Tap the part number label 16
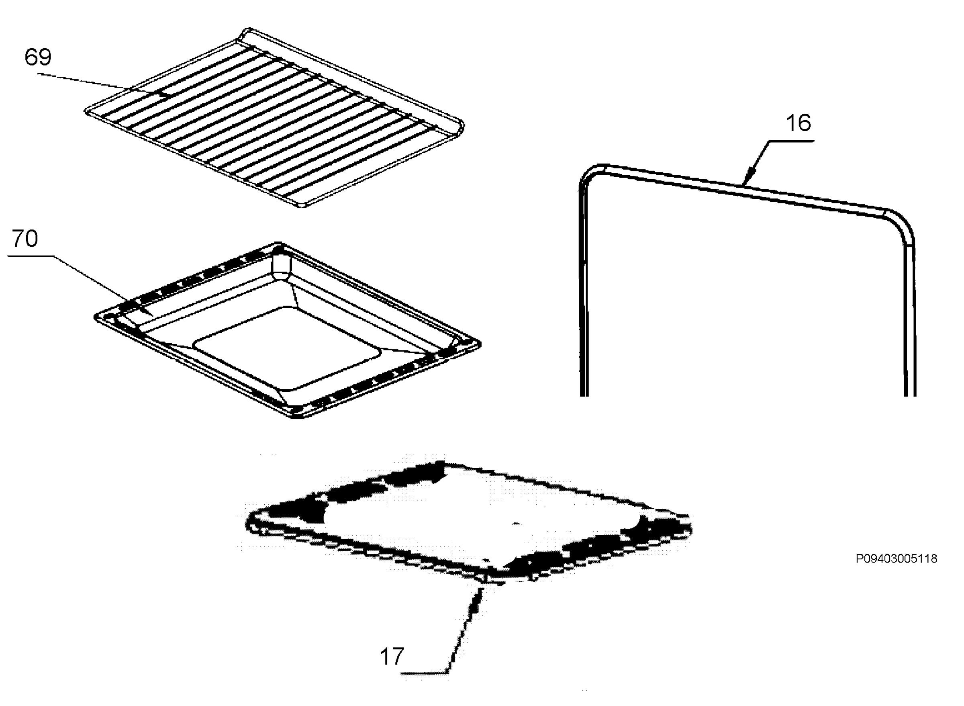click(798, 123)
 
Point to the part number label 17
click(392, 657)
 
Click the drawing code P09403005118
click(897, 559)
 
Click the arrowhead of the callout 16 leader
click(748, 176)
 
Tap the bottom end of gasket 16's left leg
click(584, 395)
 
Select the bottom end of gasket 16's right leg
click(910, 395)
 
